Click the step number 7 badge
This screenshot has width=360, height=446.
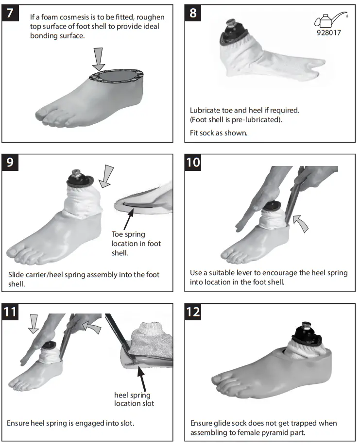coord(11,13)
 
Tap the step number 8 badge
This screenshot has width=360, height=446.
coord(193,13)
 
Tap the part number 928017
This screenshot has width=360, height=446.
coord(329,34)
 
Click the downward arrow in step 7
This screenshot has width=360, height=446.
coord(100,58)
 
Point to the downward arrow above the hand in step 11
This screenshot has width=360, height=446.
coord(32,323)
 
